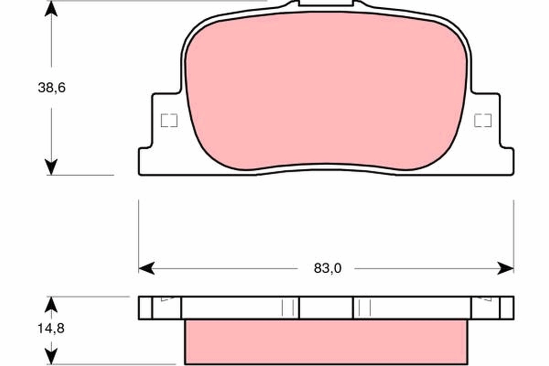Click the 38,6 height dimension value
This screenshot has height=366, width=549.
[52, 88]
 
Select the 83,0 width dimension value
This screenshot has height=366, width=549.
[328, 269]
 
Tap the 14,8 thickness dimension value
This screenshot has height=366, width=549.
[52, 328]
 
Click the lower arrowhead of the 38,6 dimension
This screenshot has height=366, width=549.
[51, 167]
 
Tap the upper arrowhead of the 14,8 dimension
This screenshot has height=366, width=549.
[52, 303]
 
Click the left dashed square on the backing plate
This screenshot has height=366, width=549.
[169, 120]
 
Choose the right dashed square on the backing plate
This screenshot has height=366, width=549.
[483, 120]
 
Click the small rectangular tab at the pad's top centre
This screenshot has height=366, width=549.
[326, 3]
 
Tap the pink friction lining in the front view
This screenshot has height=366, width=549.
[326, 91]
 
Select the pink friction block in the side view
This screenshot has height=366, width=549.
[326, 342]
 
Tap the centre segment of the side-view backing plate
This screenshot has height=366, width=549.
[326, 307]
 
